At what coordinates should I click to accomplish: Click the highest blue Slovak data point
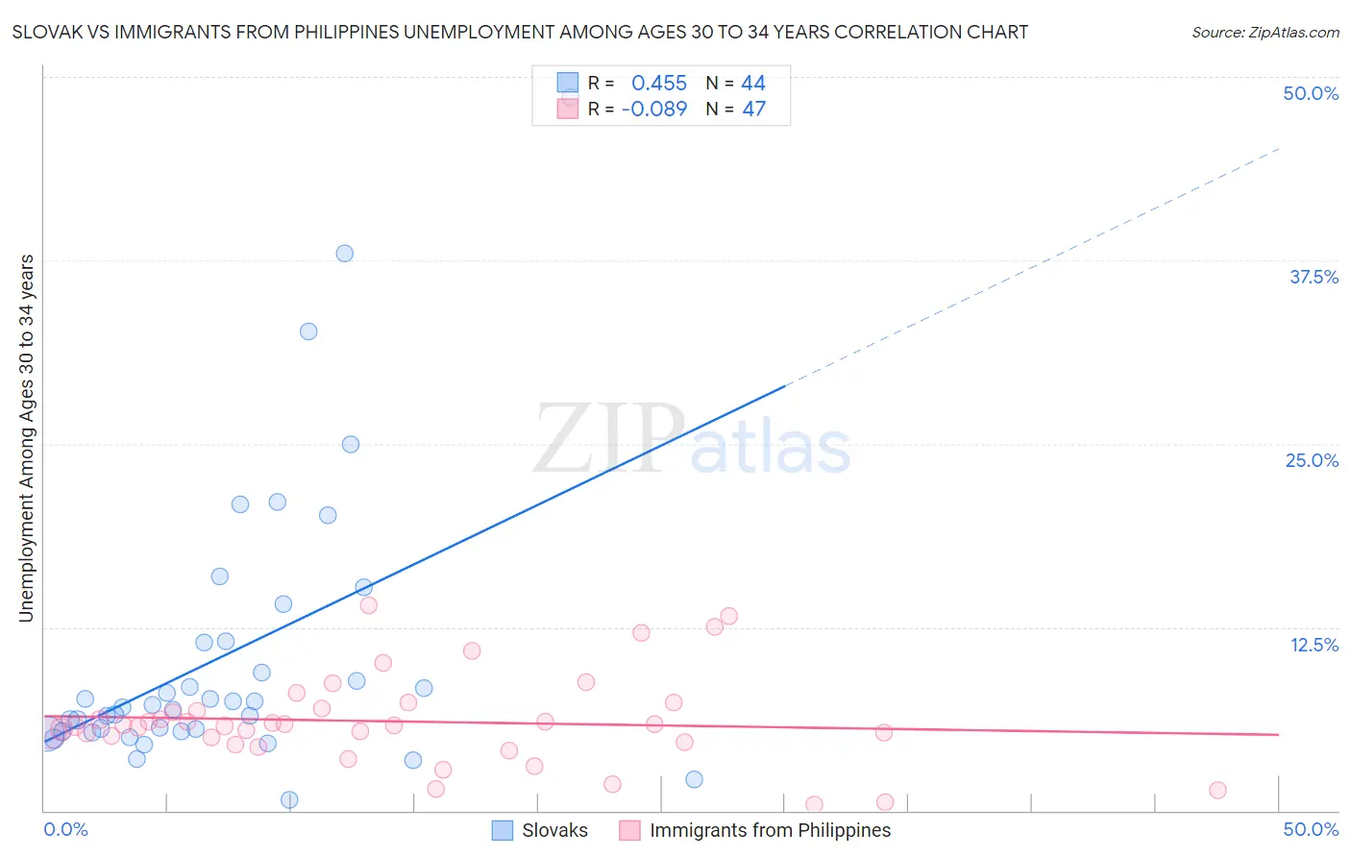(x=344, y=254)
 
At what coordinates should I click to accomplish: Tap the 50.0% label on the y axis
(x=1311, y=93)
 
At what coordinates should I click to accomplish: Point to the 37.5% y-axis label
(x=1314, y=277)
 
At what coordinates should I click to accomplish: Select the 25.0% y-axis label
(x=1312, y=460)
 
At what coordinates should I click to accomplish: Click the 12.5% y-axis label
(x=1314, y=645)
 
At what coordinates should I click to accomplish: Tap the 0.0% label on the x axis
(x=65, y=829)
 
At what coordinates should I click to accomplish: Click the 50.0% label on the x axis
(x=1311, y=829)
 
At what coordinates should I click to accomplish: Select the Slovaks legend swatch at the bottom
(x=502, y=830)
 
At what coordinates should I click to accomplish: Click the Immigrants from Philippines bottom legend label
(x=770, y=830)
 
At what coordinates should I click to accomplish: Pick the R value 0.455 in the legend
(x=659, y=84)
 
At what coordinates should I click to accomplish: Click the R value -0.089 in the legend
(x=654, y=110)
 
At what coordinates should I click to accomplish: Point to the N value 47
(x=753, y=110)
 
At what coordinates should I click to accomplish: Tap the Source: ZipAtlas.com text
(x=1265, y=32)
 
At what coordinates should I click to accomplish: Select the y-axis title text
(x=26, y=438)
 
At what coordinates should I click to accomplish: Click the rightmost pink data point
(x=1217, y=790)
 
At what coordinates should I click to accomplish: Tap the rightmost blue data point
(x=694, y=779)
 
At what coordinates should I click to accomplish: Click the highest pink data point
(x=368, y=605)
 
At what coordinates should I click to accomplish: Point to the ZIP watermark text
(x=609, y=439)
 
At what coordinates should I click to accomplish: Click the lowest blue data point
(x=289, y=800)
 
